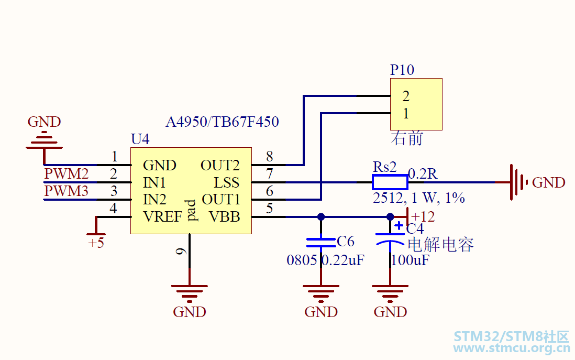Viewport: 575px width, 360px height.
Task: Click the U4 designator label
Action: (140, 139)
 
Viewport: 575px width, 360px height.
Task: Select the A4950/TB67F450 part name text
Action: (222, 122)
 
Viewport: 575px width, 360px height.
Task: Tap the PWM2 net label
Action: (67, 173)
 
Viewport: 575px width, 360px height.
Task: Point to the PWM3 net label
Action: (67, 191)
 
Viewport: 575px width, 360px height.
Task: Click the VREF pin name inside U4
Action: (162, 217)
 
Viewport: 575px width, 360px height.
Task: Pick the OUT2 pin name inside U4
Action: (220, 165)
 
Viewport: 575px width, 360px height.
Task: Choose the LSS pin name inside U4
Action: (227, 182)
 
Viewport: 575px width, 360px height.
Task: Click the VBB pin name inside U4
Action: (225, 217)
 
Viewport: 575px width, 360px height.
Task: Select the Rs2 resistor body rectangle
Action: (390, 182)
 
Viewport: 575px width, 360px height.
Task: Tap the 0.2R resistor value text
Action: (423, 174)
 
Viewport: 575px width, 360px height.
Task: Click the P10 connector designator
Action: (402, 70)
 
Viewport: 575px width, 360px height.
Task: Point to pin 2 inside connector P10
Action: (405, 96)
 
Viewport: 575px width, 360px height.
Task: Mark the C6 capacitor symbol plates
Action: (321, 242)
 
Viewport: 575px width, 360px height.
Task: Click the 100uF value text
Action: (410, 260)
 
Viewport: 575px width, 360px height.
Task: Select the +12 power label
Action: (423, 216)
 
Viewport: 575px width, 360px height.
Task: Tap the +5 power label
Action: (96, 243)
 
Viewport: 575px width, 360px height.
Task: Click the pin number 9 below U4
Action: (181, 252)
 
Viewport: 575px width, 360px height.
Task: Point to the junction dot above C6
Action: (321, 217)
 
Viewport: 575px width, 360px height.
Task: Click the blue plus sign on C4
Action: (399, 225)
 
